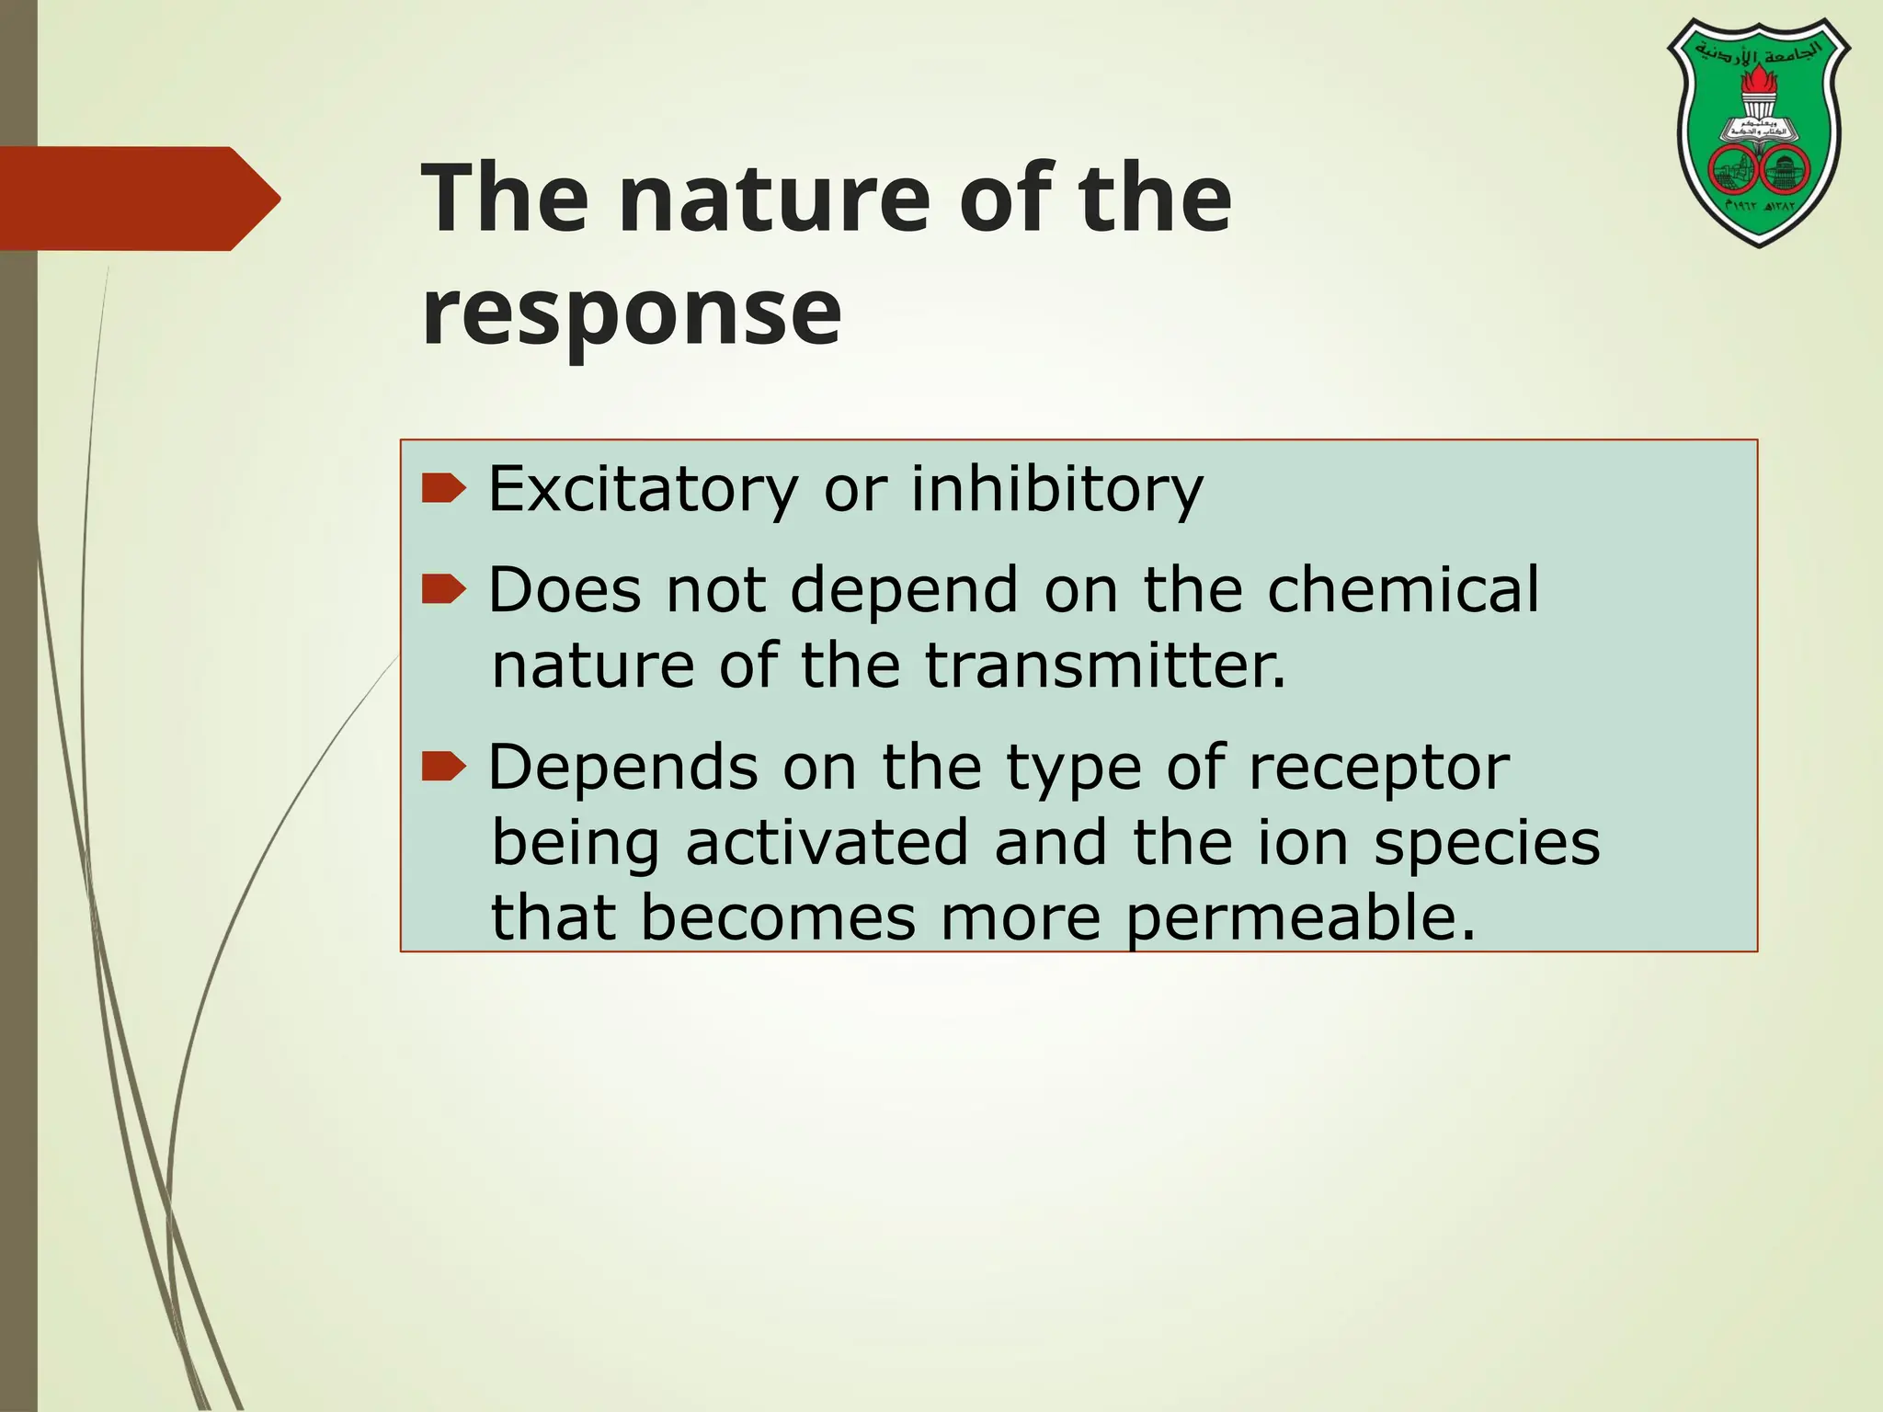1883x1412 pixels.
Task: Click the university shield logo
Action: tap(1759, 133)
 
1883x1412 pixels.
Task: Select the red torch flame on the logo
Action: tap(1759, 88)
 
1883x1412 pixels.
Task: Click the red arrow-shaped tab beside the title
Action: tap(138, 199)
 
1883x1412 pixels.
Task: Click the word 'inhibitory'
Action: tap(1056, 489)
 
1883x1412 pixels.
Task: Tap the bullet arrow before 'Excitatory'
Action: tap(444, 489)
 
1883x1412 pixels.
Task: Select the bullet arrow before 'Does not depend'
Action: tap(444, 589)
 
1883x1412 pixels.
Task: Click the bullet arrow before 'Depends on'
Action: tap(444, 766)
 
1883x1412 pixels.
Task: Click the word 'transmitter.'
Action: tap(1104, 666)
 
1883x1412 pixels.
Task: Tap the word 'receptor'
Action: tap(1378, 768)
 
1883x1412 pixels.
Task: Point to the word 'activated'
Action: tap(827, 843)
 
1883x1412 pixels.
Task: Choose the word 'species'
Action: tap(1487, 845)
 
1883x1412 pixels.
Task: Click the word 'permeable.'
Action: tap(1301, 919)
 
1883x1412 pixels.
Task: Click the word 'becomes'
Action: tap(778, 918)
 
